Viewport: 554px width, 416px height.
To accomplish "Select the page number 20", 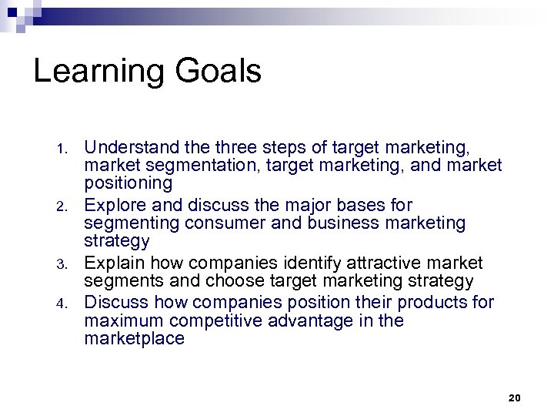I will pyautogui.click(x=515, y=397).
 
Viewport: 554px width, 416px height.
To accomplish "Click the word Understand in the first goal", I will pyautogui.click(x=128, y=146).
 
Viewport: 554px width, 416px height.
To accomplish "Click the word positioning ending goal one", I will pyautogui.click(x=128, y=183).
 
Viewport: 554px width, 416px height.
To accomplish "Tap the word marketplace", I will pyautogui.click(x=135, y=339).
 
